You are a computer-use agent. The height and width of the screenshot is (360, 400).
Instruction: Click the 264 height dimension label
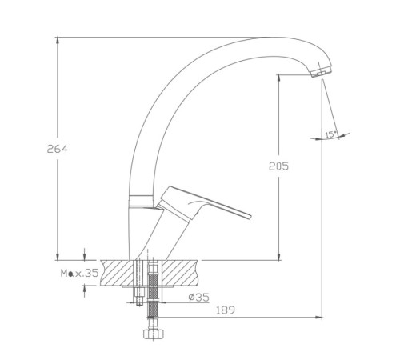[58, 149]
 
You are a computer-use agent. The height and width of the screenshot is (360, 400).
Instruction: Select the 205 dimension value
[278, 166]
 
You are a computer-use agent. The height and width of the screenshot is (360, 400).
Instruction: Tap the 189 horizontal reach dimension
[226, 310]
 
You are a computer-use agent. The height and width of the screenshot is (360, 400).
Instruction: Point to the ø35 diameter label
[198, 297]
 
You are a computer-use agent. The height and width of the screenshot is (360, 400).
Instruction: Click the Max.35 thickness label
[80, 273]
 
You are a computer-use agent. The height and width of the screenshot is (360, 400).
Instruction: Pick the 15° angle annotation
[331, 134]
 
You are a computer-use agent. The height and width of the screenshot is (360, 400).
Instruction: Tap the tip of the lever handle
[250, 217]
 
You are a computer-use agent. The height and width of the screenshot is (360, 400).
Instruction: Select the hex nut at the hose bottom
[154, 334]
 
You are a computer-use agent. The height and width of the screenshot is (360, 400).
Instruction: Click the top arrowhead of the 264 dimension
[58, 40]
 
